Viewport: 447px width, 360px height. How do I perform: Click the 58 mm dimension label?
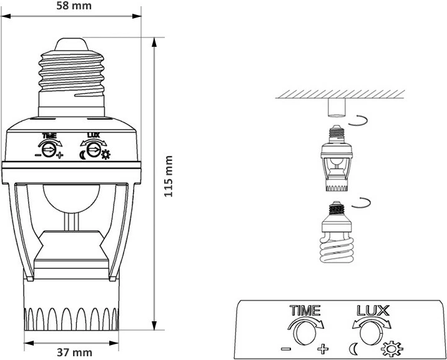pos(73,7)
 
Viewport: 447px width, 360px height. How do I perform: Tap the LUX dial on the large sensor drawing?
pos(94,149)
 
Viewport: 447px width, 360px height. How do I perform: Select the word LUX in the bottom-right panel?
pos(373,310)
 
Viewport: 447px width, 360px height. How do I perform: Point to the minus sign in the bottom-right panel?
pos(287,347)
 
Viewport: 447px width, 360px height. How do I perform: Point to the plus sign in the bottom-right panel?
pos(323,347)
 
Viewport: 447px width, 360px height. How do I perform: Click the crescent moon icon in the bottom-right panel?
pos(354,347)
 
